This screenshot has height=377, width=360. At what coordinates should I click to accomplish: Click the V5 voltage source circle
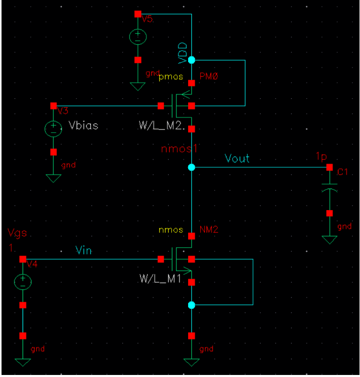137,37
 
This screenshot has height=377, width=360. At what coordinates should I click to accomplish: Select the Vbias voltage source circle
53,129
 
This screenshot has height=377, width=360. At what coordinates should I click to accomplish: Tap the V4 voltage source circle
23,281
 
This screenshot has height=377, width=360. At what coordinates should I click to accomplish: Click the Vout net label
237,158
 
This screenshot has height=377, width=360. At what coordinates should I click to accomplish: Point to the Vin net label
84,250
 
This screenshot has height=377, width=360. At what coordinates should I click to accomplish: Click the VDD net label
183,52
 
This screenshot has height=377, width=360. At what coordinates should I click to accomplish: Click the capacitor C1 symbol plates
329,189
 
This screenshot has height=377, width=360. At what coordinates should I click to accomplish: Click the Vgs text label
17,233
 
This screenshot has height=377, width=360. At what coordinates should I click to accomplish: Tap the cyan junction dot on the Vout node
191,167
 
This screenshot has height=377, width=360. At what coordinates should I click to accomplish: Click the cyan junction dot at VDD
191,60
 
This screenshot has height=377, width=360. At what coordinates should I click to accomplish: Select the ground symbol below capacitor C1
329,239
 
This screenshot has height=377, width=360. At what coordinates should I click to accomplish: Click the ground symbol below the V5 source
137,86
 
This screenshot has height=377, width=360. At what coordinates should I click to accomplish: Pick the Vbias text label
83,126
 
